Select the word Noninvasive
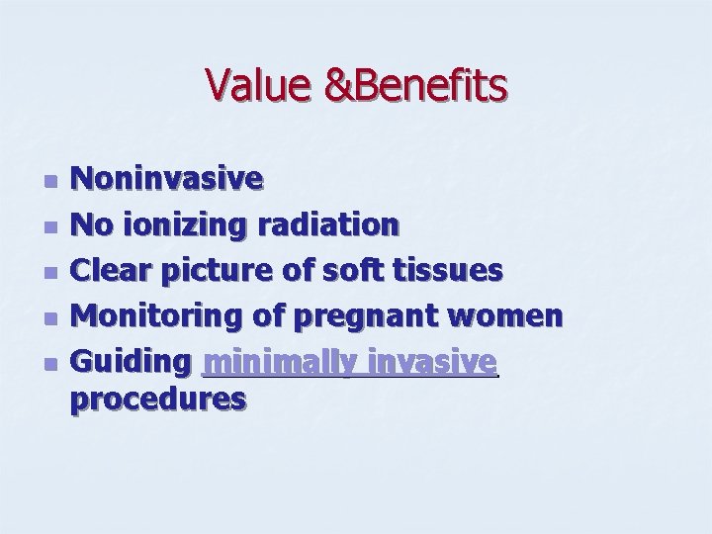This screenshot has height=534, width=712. (x=170, y=179)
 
